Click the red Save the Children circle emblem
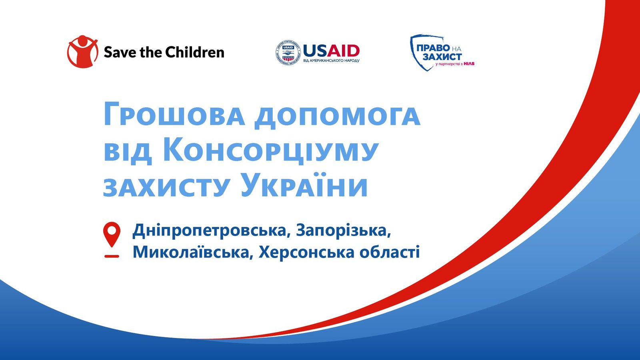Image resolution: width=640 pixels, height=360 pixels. pos(82,52)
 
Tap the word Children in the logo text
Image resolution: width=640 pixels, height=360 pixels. pos(195,52)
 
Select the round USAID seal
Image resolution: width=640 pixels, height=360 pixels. pos(288,52)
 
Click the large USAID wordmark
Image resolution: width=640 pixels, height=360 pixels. pos(332,50)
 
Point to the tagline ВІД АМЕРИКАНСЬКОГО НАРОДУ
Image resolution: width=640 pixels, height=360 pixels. pos(331,61)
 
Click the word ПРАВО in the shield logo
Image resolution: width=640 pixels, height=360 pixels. pos(433,48)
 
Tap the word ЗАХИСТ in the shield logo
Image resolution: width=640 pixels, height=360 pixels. pos(442,56)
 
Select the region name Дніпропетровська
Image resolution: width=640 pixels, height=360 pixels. pos(212,230)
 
